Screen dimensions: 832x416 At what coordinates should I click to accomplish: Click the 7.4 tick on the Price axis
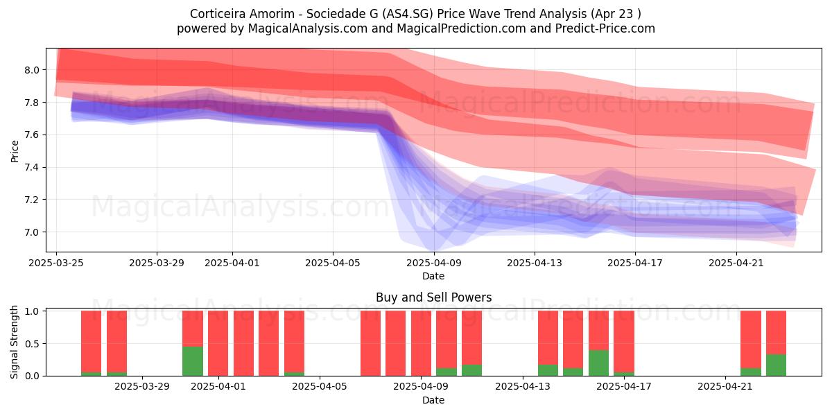33,168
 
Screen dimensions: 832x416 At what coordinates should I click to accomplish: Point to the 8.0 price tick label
33,70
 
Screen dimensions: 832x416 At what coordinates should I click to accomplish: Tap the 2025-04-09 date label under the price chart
434,263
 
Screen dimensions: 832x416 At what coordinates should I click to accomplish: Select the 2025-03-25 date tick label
56,263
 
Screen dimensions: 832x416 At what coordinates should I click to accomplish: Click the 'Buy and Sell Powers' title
433,297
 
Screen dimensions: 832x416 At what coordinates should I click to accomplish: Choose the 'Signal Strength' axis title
14,342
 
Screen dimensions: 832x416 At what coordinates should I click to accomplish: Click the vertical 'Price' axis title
15,152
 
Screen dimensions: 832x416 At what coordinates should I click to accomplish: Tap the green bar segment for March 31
193,361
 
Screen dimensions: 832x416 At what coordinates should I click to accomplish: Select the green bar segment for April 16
599,363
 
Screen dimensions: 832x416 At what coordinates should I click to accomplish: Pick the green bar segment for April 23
777,365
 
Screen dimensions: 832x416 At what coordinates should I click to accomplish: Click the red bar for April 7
371,343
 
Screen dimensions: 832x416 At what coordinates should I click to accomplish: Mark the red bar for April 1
218,343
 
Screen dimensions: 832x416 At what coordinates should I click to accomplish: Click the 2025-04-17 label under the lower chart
624,387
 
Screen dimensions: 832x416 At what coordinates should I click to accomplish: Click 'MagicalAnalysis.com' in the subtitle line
308,28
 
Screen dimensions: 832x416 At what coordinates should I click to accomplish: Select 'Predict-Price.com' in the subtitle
605,28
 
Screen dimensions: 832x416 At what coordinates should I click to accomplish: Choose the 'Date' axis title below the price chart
433,276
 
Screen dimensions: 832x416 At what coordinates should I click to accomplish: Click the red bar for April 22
751,340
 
